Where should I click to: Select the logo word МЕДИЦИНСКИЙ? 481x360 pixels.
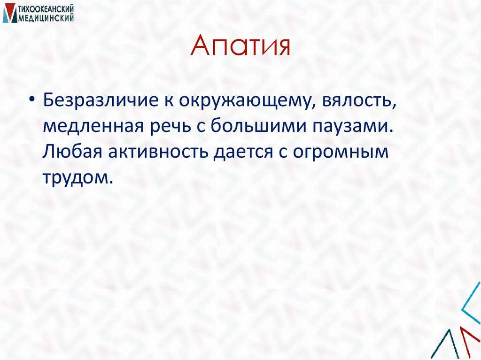[47, 17]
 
